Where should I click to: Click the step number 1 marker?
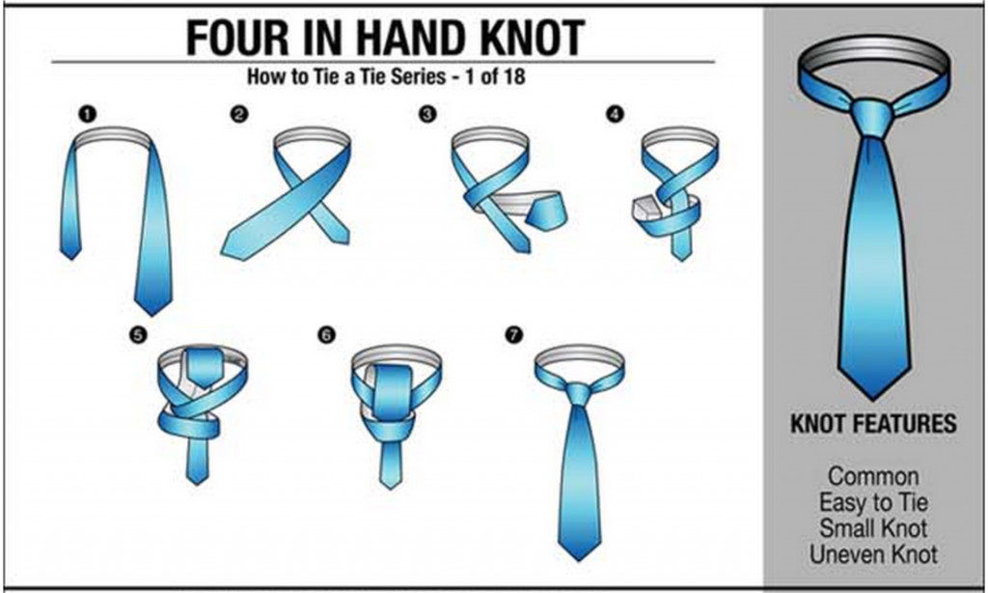point(88,115)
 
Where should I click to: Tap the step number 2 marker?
point(239,114)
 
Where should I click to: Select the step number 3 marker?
point(427,114)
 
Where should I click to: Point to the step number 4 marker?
point(615,114)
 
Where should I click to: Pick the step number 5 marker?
point(138,335)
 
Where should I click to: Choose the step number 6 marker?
point(326,335)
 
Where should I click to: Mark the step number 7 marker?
point(514,335)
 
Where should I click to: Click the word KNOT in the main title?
point(533,38)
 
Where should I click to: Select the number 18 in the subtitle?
point(513,76)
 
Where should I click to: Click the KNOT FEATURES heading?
point(873,423)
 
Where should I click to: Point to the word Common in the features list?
point(873,476)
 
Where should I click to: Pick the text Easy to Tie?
point(873,502)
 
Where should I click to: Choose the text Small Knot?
point(873,528)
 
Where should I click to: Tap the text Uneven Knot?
point(873,554)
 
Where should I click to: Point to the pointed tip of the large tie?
point(872,399)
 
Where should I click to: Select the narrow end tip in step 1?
point(69,258)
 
